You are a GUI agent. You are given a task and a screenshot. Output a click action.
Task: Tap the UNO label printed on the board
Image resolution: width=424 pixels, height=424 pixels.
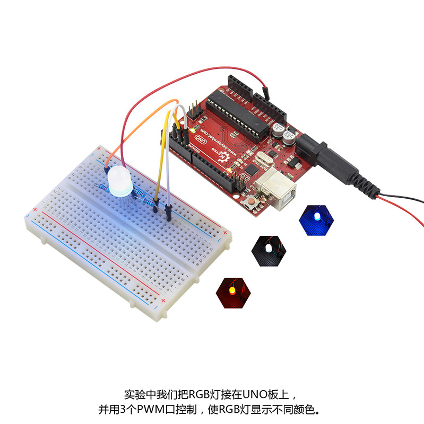200,139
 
